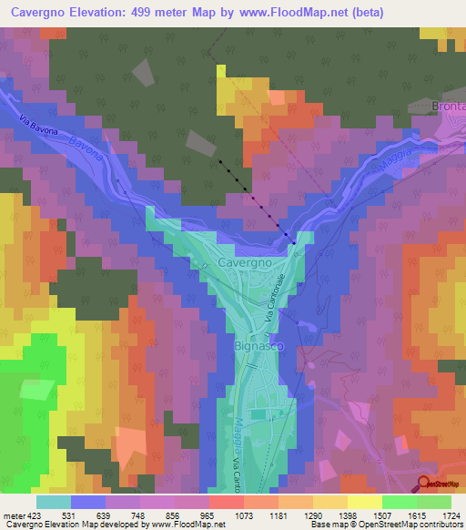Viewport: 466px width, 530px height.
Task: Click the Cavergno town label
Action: (246, 262)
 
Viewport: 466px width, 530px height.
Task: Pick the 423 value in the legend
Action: (35, 517)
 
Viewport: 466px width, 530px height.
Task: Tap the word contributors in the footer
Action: (442, 525)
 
